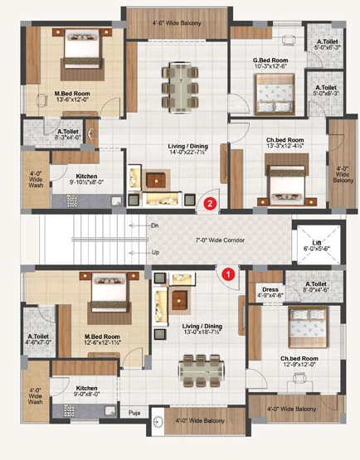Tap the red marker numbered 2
[x=211, y=201]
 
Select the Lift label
[x=317, y=242]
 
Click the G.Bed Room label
[x=270, y=60]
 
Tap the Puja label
[x=134, y=411]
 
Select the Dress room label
[x=270, y=288]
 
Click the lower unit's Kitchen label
[x=87, y=387]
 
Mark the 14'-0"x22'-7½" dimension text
[x=179, y=152]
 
